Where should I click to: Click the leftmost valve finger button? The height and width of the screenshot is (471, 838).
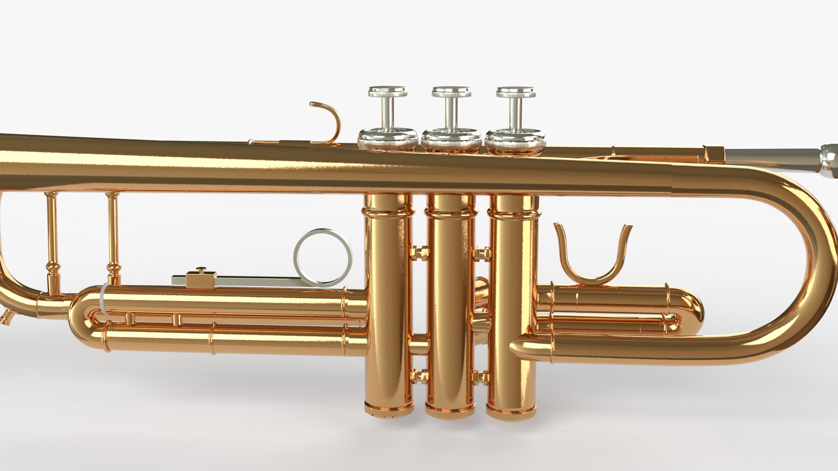(x=388, y=92)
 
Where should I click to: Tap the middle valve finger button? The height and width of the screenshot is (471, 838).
(x=452, y=92)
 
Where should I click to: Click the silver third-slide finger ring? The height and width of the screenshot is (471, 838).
(x=323, y=257)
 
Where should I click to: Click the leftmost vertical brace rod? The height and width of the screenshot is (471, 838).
(x=52, y=244)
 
